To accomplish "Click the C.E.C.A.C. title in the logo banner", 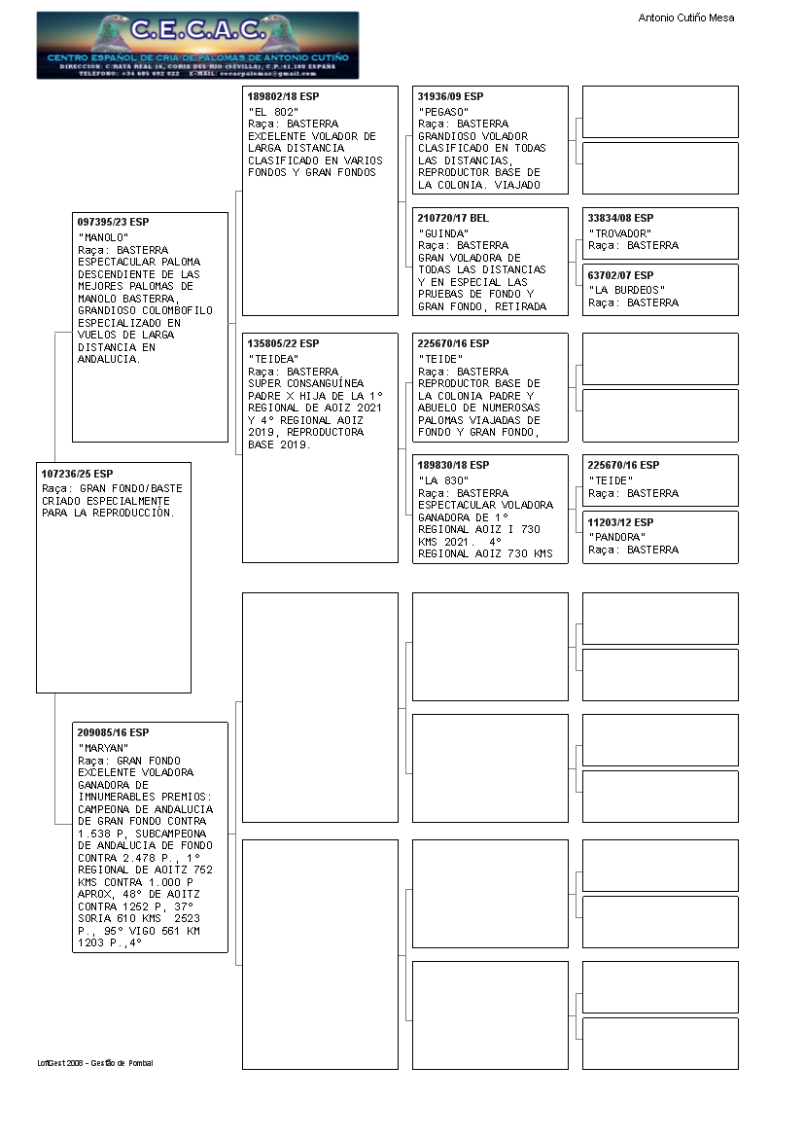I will [197, 30].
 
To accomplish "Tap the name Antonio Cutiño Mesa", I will [685, 18].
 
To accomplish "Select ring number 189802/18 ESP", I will [283, 97].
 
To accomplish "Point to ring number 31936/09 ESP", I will [450, 97].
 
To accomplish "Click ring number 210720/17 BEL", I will [453, 219].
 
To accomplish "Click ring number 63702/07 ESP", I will [620, 275].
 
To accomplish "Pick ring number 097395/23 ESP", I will [113, 223].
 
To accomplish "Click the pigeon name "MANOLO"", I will [103, 237].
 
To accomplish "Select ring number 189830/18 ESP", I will [453, 466].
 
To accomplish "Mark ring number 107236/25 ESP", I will [77, 474].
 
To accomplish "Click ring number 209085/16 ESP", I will [113, 732].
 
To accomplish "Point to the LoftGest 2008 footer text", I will [95, 1063].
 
